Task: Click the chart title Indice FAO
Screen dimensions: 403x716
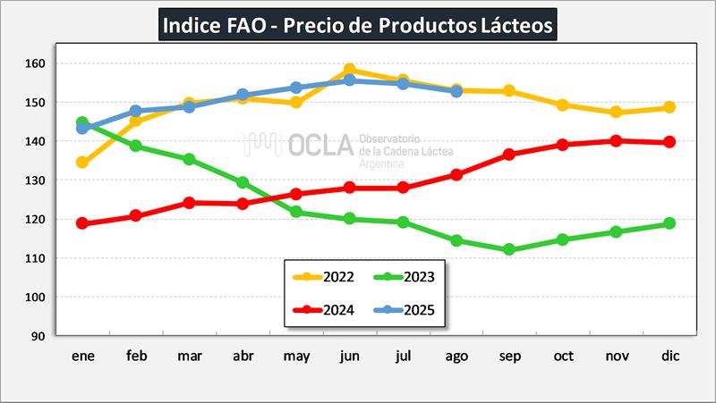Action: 358,25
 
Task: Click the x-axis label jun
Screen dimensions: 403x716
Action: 350,356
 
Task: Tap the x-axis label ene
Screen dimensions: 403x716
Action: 83,356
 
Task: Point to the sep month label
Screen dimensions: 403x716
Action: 509,356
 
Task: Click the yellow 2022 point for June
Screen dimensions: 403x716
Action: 350,70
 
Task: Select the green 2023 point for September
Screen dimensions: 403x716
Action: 509,250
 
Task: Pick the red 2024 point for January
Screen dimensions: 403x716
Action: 82,223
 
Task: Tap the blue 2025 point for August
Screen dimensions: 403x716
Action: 456,91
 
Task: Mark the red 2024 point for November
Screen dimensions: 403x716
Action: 616,140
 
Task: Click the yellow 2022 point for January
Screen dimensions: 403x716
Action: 82,163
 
